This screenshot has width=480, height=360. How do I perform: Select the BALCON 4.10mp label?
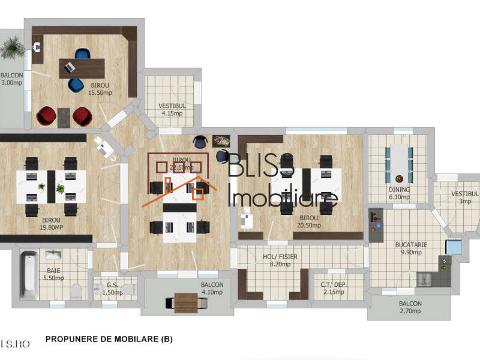click(x=212, y=289)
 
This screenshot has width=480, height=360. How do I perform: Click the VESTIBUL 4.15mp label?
click(x=172, y=109)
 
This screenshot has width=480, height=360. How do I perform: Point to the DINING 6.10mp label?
click(x=399, y=193)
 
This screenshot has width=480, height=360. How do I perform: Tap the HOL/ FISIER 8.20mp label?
click(x=280, y=260)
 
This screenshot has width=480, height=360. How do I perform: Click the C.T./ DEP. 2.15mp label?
click(x=334, y=289)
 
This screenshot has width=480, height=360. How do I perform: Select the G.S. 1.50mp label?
click(x=112, y=289)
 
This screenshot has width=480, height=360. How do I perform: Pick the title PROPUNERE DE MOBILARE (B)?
click(x=109, y=339)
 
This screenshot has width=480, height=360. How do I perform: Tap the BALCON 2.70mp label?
click(x=410, y=308)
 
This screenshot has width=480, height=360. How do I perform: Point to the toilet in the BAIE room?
click(x=76, y=292)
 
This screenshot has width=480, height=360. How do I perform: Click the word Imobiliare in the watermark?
click(x=284, y=197)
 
